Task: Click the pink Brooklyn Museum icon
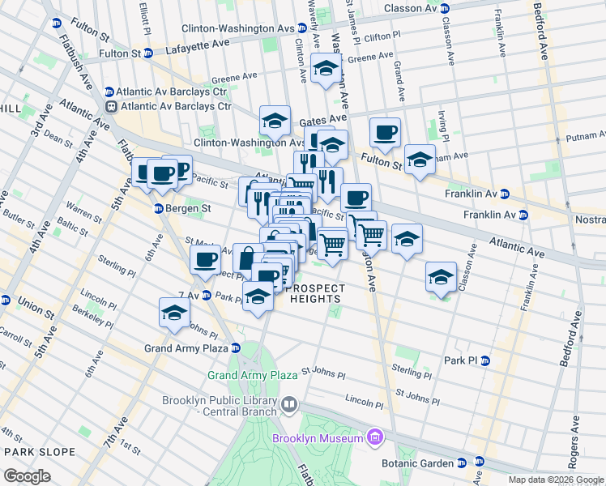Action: pyautogui.click(x=374, y=438)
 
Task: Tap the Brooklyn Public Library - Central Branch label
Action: pyautogui.click(x=219, y=407)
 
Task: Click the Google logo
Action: pyautogui.click(x=28, y=475)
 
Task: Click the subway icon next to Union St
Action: pyautogui.click(x=6, y=301)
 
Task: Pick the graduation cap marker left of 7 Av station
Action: pyautogui.click(x=174, y=312)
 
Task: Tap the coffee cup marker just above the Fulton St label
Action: pyautogui.click(x=385, y=130)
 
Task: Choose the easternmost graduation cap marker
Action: pyautogui.click(x=441, y=277)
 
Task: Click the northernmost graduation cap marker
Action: pyautogui.click(x=326, y=68)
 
